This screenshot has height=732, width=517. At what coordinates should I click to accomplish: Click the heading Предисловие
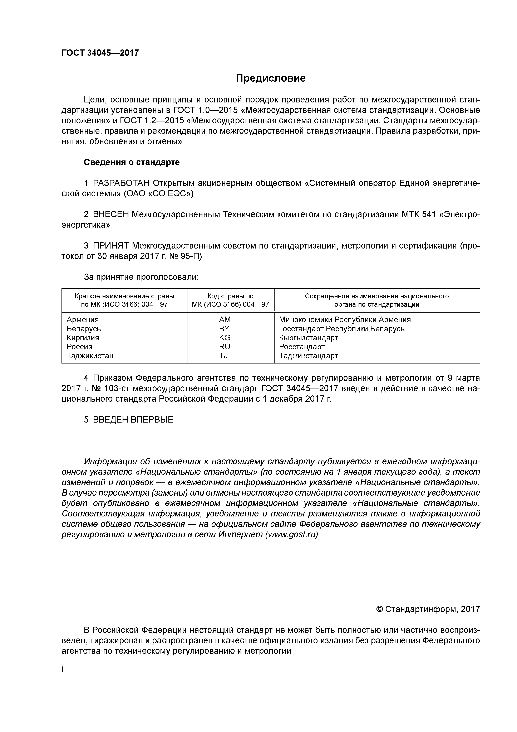coord(270,78)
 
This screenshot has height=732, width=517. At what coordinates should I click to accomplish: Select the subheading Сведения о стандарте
coord(132,162)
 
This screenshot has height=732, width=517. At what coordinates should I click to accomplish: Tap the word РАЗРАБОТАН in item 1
coord(121,183)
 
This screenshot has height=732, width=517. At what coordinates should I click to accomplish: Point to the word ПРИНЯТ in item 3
coord(110,246)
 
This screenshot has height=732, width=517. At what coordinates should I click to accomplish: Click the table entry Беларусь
coord(84,329)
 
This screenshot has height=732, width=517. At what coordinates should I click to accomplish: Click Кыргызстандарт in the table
coord(308,338)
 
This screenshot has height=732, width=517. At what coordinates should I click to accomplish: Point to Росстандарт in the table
coord(302,347)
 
